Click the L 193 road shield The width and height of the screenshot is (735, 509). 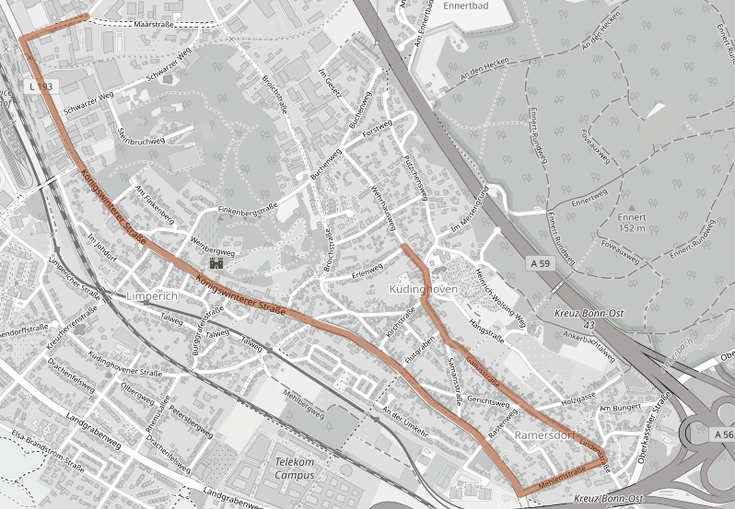click(x=40, y=86)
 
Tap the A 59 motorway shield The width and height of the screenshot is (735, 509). click(x=543, y=263)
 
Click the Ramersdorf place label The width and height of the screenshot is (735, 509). click(x=545, y=434)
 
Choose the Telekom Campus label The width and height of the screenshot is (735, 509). click(x=294, y=469)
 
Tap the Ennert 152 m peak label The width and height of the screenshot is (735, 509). click(x=632, y=222)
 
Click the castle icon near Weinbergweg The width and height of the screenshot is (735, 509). click(x=217, y=264)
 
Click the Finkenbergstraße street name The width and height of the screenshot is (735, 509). click(x=246, y=211)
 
